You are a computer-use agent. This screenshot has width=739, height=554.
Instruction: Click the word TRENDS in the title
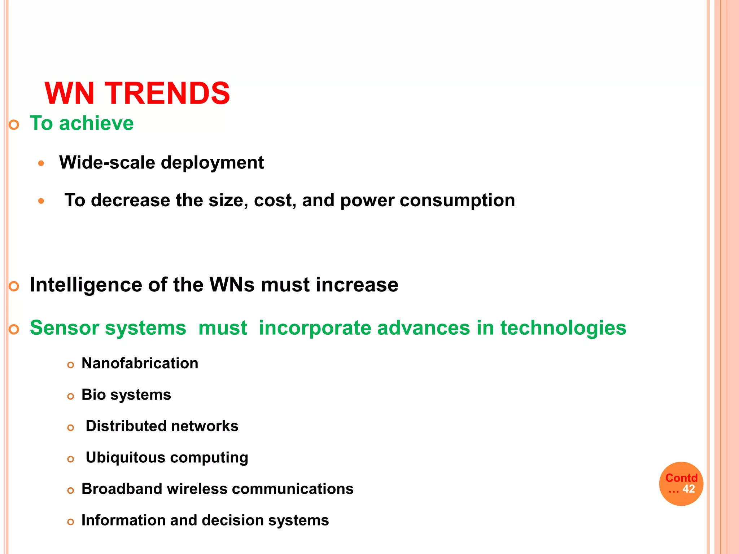tap(167, 93)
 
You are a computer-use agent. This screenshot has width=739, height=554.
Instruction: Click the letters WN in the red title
tap(69, 93)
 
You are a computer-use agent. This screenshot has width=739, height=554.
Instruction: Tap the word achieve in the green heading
tap(96, 123)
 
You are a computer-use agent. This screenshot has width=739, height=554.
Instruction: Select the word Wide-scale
tap(107, 163)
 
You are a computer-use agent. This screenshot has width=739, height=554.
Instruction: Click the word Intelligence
tap(86, 285)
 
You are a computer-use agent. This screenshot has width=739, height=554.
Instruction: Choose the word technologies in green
tap(563, 329)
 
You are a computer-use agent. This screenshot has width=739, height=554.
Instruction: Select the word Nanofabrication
tap(140, 364)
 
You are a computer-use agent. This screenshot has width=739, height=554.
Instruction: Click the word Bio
tap(93, 395)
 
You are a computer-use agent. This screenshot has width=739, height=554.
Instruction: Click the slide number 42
tap(688, 489)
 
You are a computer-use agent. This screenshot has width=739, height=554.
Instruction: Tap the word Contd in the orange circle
tap(681, 478)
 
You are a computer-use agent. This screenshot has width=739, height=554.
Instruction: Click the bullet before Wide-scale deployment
tap(41, 163)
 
